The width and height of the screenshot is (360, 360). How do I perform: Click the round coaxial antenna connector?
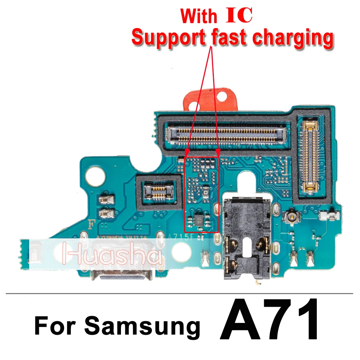[290, 216]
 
